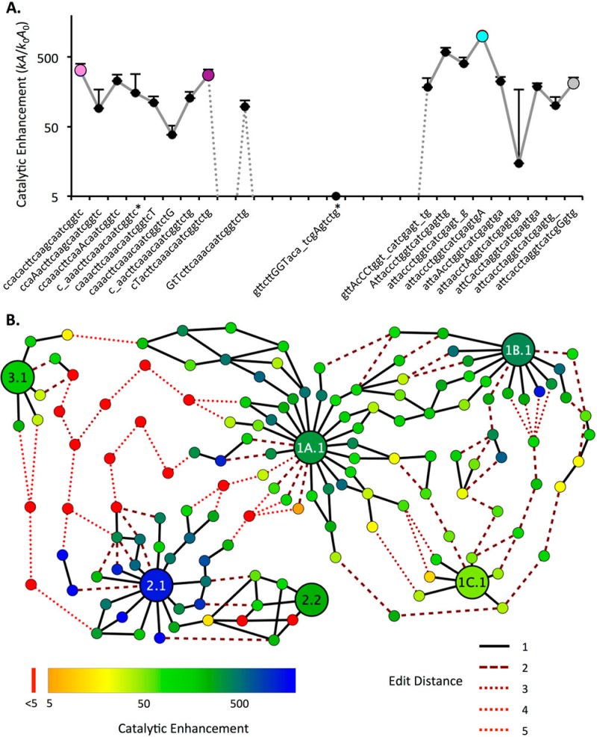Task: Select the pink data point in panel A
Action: point(81,70)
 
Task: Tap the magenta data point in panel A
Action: point(208,74)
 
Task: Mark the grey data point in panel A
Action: point(573,84)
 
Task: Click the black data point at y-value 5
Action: point(336,196)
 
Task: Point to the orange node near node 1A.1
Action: point(298,509)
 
